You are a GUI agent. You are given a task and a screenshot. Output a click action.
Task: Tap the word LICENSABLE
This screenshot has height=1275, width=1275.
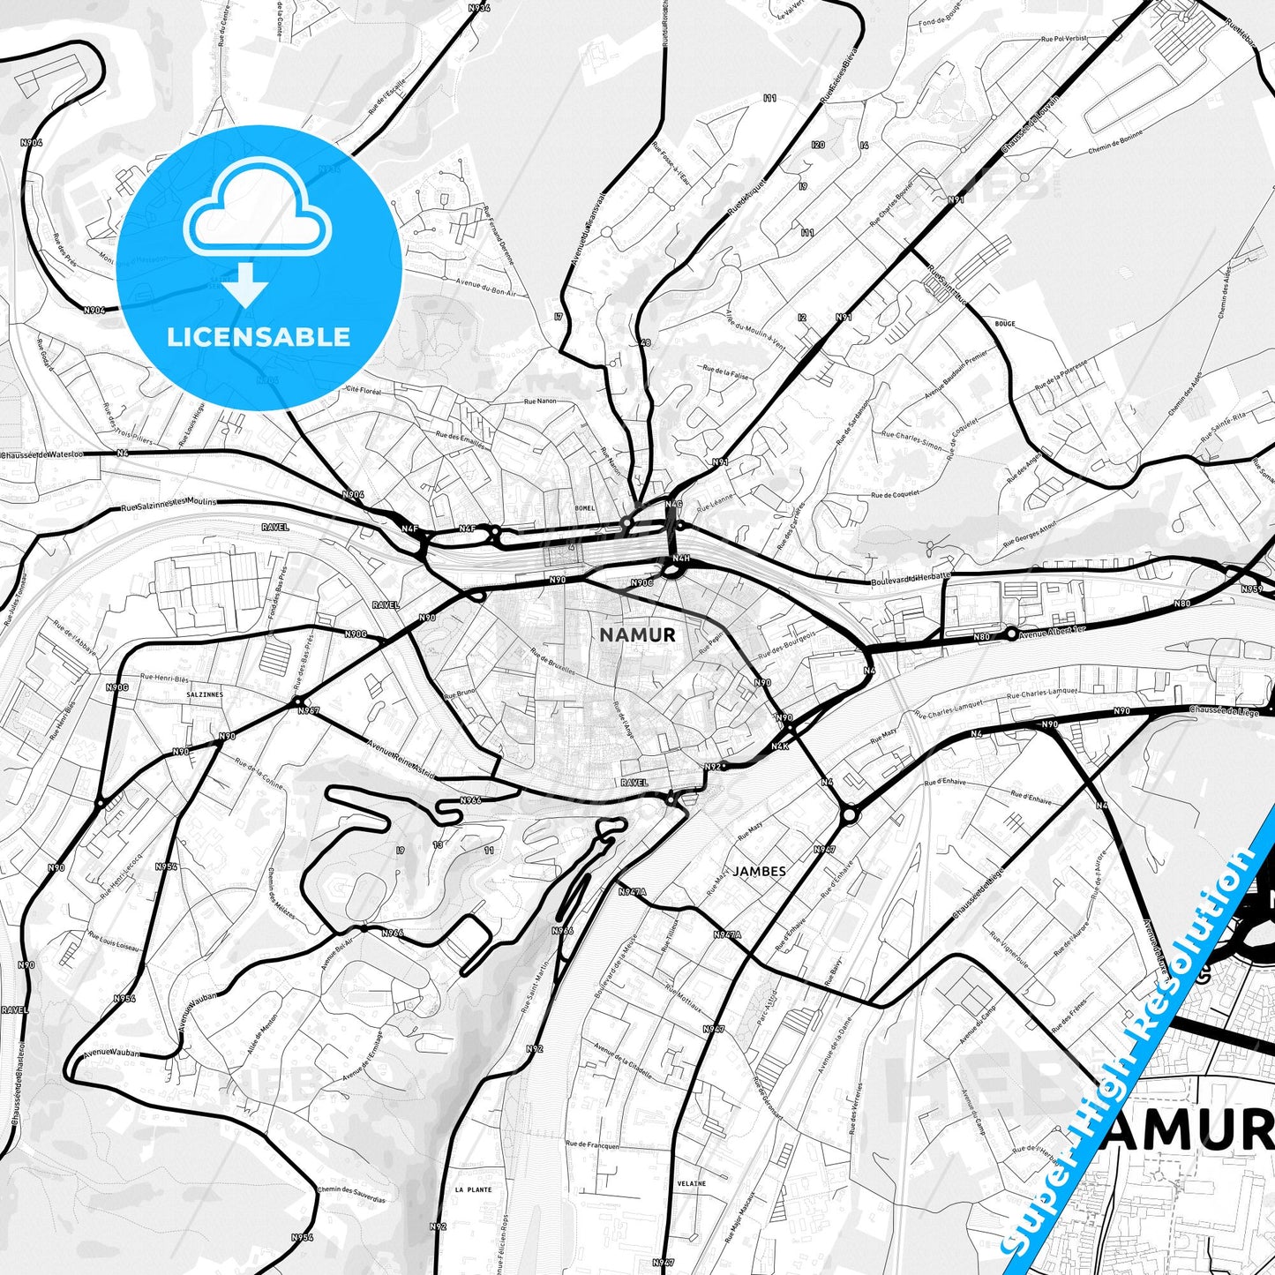(x=259, y=336)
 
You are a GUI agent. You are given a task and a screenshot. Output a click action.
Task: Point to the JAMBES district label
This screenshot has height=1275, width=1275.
(x=759, y=871)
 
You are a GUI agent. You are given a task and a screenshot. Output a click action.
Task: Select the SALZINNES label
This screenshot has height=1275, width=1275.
(x=205, y=694)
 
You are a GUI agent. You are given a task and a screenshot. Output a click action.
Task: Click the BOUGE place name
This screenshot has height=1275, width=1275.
(x=1005, y=324)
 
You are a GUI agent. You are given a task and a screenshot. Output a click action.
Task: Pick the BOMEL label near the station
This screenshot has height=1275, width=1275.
(x=585, y=508)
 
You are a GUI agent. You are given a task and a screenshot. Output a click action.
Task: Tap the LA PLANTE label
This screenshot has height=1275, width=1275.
(x=474, y=1189)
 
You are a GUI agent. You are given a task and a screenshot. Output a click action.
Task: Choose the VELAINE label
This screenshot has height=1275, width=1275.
(x=692, y=1183)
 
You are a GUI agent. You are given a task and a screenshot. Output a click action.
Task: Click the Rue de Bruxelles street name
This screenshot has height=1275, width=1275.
(x=552, y=663)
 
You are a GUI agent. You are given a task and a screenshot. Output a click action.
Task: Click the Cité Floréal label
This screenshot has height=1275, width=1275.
(x=364, y=389)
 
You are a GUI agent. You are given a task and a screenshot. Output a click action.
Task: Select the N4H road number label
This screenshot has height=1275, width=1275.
(x=680, y=559)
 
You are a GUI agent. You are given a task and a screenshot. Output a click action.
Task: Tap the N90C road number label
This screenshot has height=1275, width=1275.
(x=641, y=582)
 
